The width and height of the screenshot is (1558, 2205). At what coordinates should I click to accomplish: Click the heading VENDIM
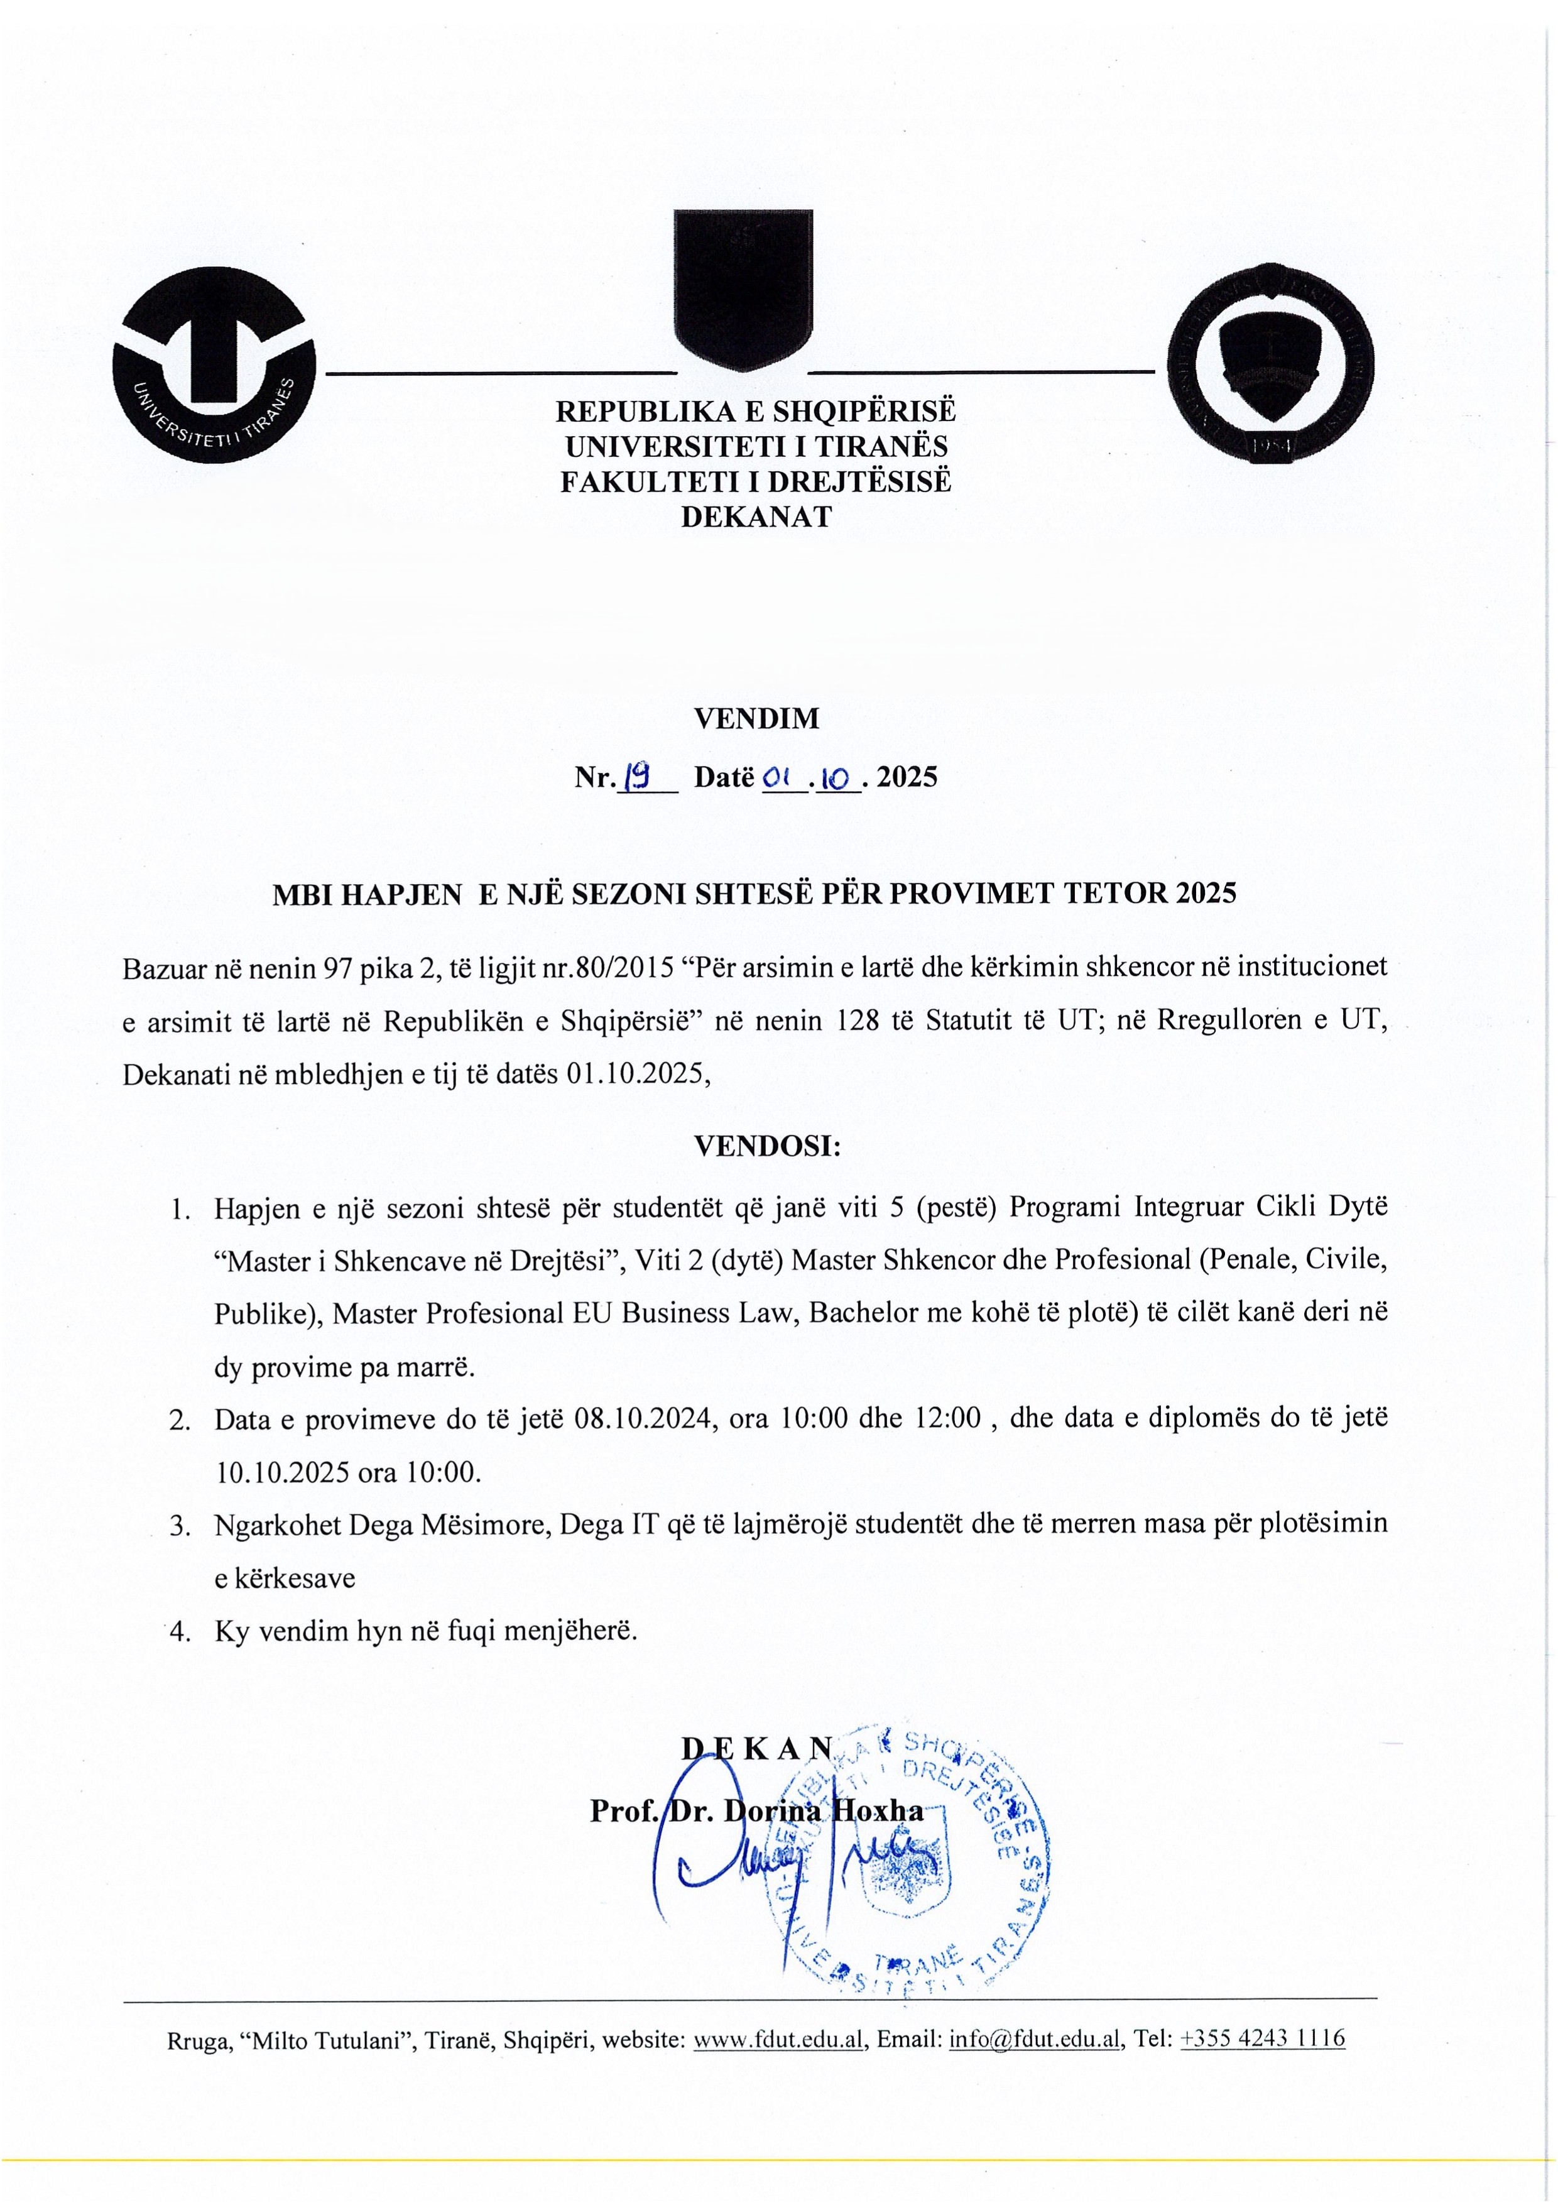(x=756, y=718)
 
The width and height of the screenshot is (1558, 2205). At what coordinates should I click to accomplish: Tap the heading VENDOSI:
(x=767, y=1146)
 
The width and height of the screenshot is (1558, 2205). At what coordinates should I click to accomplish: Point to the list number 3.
(x=180, y=1526)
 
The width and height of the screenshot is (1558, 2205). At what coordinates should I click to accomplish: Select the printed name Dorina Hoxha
(x=823, y=1811)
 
